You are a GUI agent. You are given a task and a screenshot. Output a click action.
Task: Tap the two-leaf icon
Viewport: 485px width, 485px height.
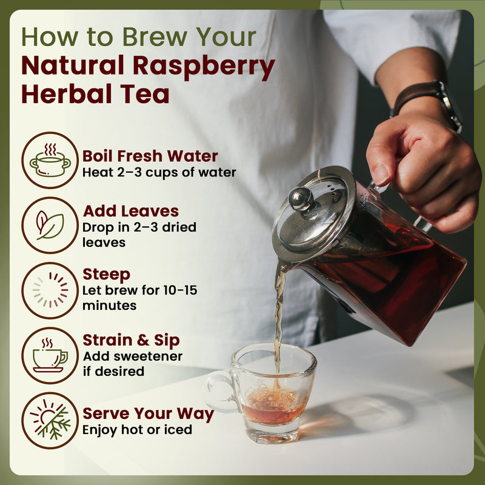(50, 225)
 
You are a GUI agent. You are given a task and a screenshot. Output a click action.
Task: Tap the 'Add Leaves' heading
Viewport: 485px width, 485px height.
(131, 211)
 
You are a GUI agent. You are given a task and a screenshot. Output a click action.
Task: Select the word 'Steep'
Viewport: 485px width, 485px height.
(106, 275)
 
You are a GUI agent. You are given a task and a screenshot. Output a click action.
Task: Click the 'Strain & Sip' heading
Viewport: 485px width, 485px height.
(132, 340)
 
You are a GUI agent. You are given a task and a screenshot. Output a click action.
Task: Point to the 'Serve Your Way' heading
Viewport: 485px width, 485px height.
(148, 414)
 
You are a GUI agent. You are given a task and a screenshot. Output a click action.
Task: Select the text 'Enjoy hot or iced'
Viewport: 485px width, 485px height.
(138, 430)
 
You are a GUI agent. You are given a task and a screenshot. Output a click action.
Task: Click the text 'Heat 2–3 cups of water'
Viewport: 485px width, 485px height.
(159, 172)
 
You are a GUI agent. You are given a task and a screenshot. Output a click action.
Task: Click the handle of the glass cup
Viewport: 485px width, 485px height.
(213, 391)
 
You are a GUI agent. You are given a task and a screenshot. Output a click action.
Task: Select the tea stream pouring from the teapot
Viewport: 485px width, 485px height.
(278, 315)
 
